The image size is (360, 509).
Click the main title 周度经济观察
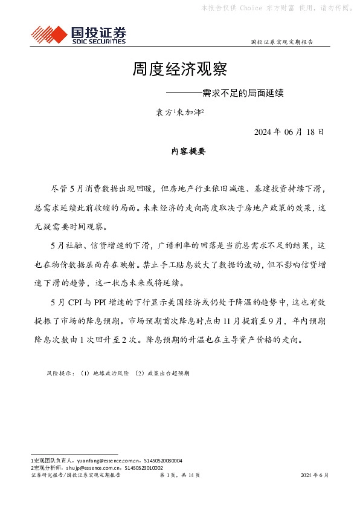point(179,69)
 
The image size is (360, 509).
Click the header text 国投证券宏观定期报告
point(281,42)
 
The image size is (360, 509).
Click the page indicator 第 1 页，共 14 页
point(179,476)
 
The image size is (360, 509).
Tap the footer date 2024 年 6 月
point(315,476)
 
